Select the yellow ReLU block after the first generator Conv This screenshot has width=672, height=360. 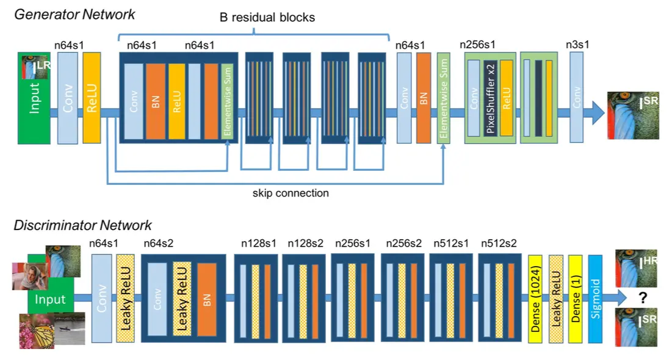click(92, 98)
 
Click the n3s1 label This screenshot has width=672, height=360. click(577, 44)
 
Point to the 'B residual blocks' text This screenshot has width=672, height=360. click(267, 17)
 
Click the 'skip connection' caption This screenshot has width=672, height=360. click(291, 193)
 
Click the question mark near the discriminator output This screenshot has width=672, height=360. click(643, 297)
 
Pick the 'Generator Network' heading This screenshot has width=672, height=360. click(75, 13)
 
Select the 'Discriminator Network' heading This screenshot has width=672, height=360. click(83, 226)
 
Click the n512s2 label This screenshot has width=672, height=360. click(499, 243)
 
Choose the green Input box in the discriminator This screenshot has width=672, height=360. click(50, 300)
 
